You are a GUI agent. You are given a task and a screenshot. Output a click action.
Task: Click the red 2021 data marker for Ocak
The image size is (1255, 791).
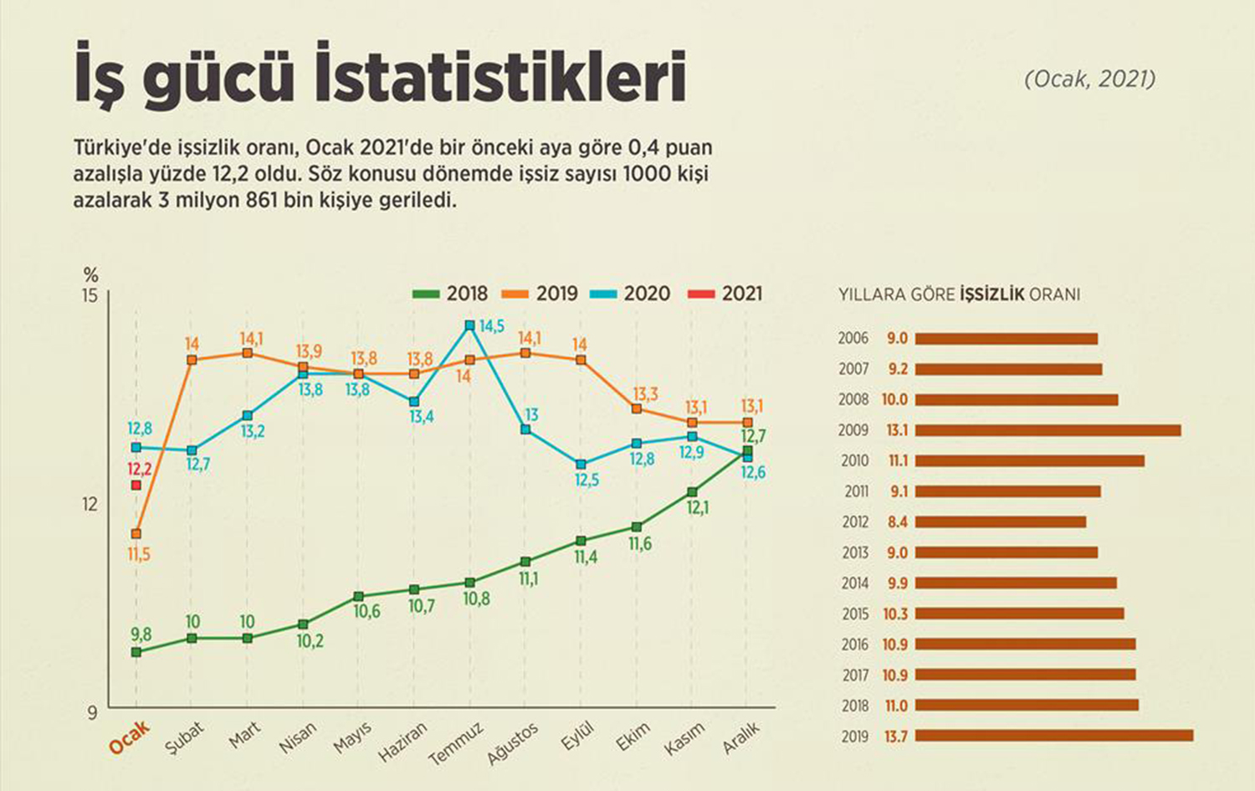(136, 485)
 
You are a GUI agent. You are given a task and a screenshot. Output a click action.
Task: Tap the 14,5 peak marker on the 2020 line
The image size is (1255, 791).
(469, 326)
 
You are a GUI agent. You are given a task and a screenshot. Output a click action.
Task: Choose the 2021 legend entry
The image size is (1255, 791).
(725, 294)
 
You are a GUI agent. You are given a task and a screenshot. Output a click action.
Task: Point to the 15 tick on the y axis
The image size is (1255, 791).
(90, 295)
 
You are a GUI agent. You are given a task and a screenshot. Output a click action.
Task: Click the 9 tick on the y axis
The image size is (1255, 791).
(92, 712)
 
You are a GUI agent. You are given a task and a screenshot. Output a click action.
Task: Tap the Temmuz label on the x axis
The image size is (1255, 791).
(456, 744)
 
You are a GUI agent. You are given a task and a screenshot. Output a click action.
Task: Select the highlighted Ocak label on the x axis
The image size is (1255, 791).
(130, 737)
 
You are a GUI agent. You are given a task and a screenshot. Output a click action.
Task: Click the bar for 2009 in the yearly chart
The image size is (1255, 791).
(1048, 430)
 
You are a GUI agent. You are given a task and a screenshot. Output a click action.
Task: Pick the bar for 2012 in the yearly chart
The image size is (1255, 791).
(1001, 522)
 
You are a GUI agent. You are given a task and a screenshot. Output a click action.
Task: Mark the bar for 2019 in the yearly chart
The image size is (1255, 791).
(1054, 736)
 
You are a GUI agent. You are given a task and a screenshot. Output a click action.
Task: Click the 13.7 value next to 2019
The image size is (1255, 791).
(895, 737)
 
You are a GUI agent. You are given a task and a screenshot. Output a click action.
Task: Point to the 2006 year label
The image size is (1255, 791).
(853, 338)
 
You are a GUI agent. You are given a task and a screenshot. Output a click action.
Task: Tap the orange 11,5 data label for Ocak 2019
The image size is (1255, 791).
(139, 554)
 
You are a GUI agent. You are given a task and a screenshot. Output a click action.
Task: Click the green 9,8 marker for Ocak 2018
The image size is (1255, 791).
(136, 652)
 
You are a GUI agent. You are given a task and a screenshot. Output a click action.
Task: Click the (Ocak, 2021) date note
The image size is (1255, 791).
(1089, 79)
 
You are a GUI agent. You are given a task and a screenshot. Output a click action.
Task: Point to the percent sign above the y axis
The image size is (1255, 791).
(90, 275)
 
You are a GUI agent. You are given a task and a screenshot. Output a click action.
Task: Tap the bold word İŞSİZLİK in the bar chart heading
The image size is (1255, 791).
(991, 295)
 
